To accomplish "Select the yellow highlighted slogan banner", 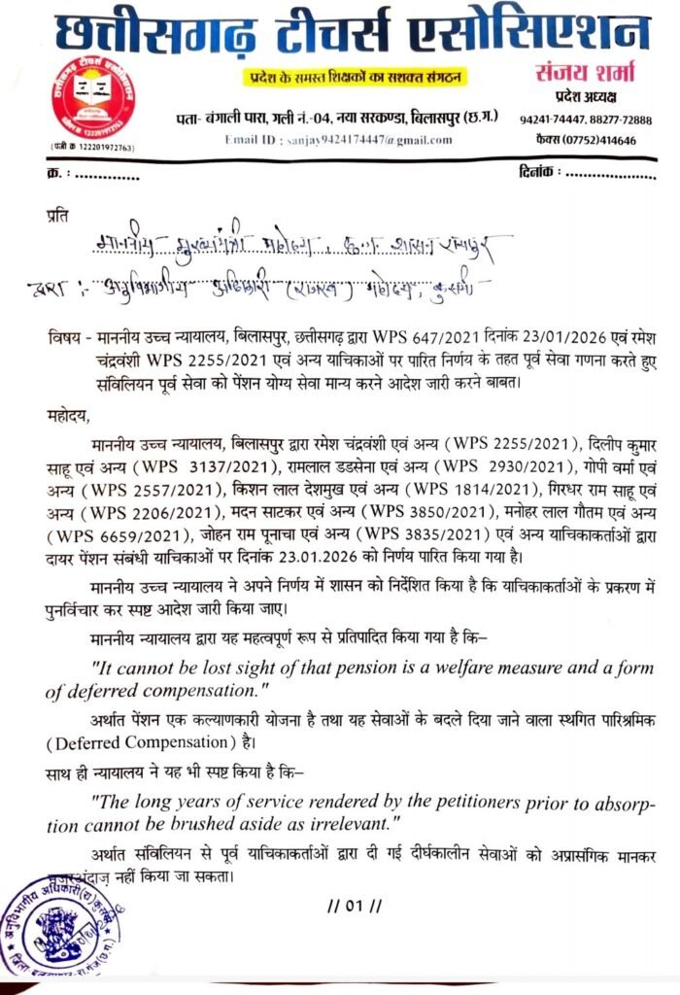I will click(340, 77).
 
